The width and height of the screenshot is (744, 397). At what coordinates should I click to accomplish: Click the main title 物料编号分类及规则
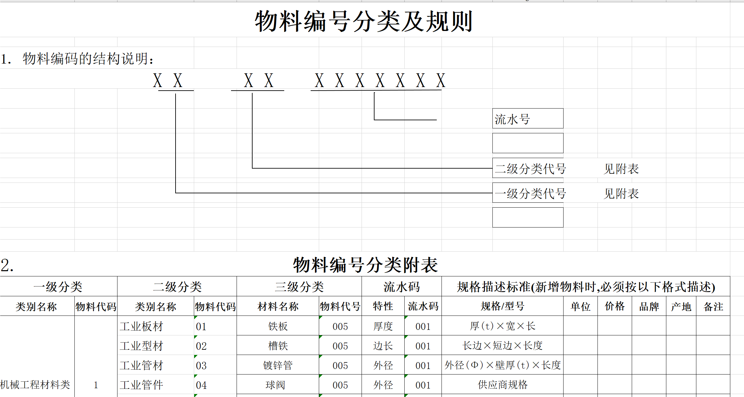tap(364, 22)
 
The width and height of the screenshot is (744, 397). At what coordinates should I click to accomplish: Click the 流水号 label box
tap(527, 119)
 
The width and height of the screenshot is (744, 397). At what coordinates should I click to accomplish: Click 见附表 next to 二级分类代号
tap(621, 169)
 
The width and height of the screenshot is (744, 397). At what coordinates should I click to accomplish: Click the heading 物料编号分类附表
tap(365, 265)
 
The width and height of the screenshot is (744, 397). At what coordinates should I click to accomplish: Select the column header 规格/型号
tap(502, 306)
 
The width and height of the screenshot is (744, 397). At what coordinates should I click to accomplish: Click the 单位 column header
tap(580, 306)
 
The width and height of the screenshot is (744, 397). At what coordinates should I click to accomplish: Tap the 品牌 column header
tap(649, 306)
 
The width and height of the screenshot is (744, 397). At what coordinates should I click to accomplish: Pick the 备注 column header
tap(713, 306)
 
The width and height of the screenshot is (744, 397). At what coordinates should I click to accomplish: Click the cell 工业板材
tap(141, 326)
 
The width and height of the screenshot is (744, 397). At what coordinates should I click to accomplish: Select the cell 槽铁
tap(278, 346)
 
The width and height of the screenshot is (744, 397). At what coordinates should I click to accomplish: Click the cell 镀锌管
tap(278, 365)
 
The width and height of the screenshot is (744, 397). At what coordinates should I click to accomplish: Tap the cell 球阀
tap(275, 385)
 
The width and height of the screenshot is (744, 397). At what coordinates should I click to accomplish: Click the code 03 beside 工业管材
tap(201, 365)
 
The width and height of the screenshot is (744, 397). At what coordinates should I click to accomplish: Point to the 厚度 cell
tap(383, 326)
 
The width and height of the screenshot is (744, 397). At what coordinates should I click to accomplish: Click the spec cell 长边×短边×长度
tap(502, 346)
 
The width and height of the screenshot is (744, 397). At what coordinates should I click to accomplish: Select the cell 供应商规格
tap(502, 385)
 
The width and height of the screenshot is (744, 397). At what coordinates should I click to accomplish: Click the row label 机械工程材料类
tap(35, 385)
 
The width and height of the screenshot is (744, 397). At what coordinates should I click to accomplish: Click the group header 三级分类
tap(299, 287)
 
